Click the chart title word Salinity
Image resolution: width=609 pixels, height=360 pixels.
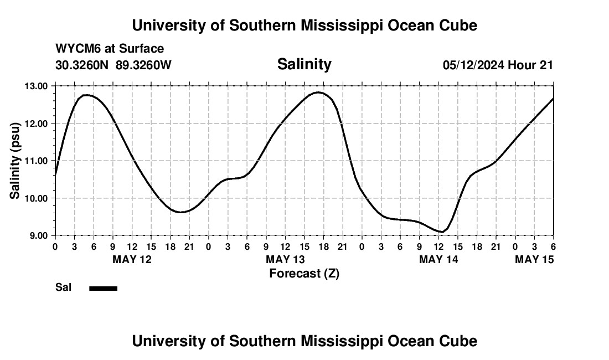click(304, 64)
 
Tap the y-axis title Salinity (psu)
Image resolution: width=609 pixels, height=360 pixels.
click(16, 161)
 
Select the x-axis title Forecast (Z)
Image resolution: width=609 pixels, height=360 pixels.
click(304, 273)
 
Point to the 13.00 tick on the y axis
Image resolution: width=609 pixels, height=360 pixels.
click(36, 86)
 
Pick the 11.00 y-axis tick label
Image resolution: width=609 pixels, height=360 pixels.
click(36, 161)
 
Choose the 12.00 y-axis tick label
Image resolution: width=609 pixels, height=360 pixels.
click(36, 124)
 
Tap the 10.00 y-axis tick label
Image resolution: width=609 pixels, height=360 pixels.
click(36, 198)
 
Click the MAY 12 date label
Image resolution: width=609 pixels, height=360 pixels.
click(132, 259)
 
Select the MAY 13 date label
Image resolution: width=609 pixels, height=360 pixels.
click(285, 259)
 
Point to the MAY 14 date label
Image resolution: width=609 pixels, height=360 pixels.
click(438, 259)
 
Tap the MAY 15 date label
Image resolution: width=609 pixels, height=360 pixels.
click(534, 259)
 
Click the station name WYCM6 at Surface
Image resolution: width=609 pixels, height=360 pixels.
click(110, 49)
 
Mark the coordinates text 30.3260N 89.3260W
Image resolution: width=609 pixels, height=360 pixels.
click(113, 65)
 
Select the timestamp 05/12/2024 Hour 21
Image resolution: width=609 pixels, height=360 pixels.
click(498, 65)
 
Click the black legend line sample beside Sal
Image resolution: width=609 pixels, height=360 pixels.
click(103, 288)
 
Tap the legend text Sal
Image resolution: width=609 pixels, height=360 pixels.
click(64, 287)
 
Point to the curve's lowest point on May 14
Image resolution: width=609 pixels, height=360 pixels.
click(441, 232)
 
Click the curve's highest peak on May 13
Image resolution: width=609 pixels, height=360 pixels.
click(318, 92)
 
